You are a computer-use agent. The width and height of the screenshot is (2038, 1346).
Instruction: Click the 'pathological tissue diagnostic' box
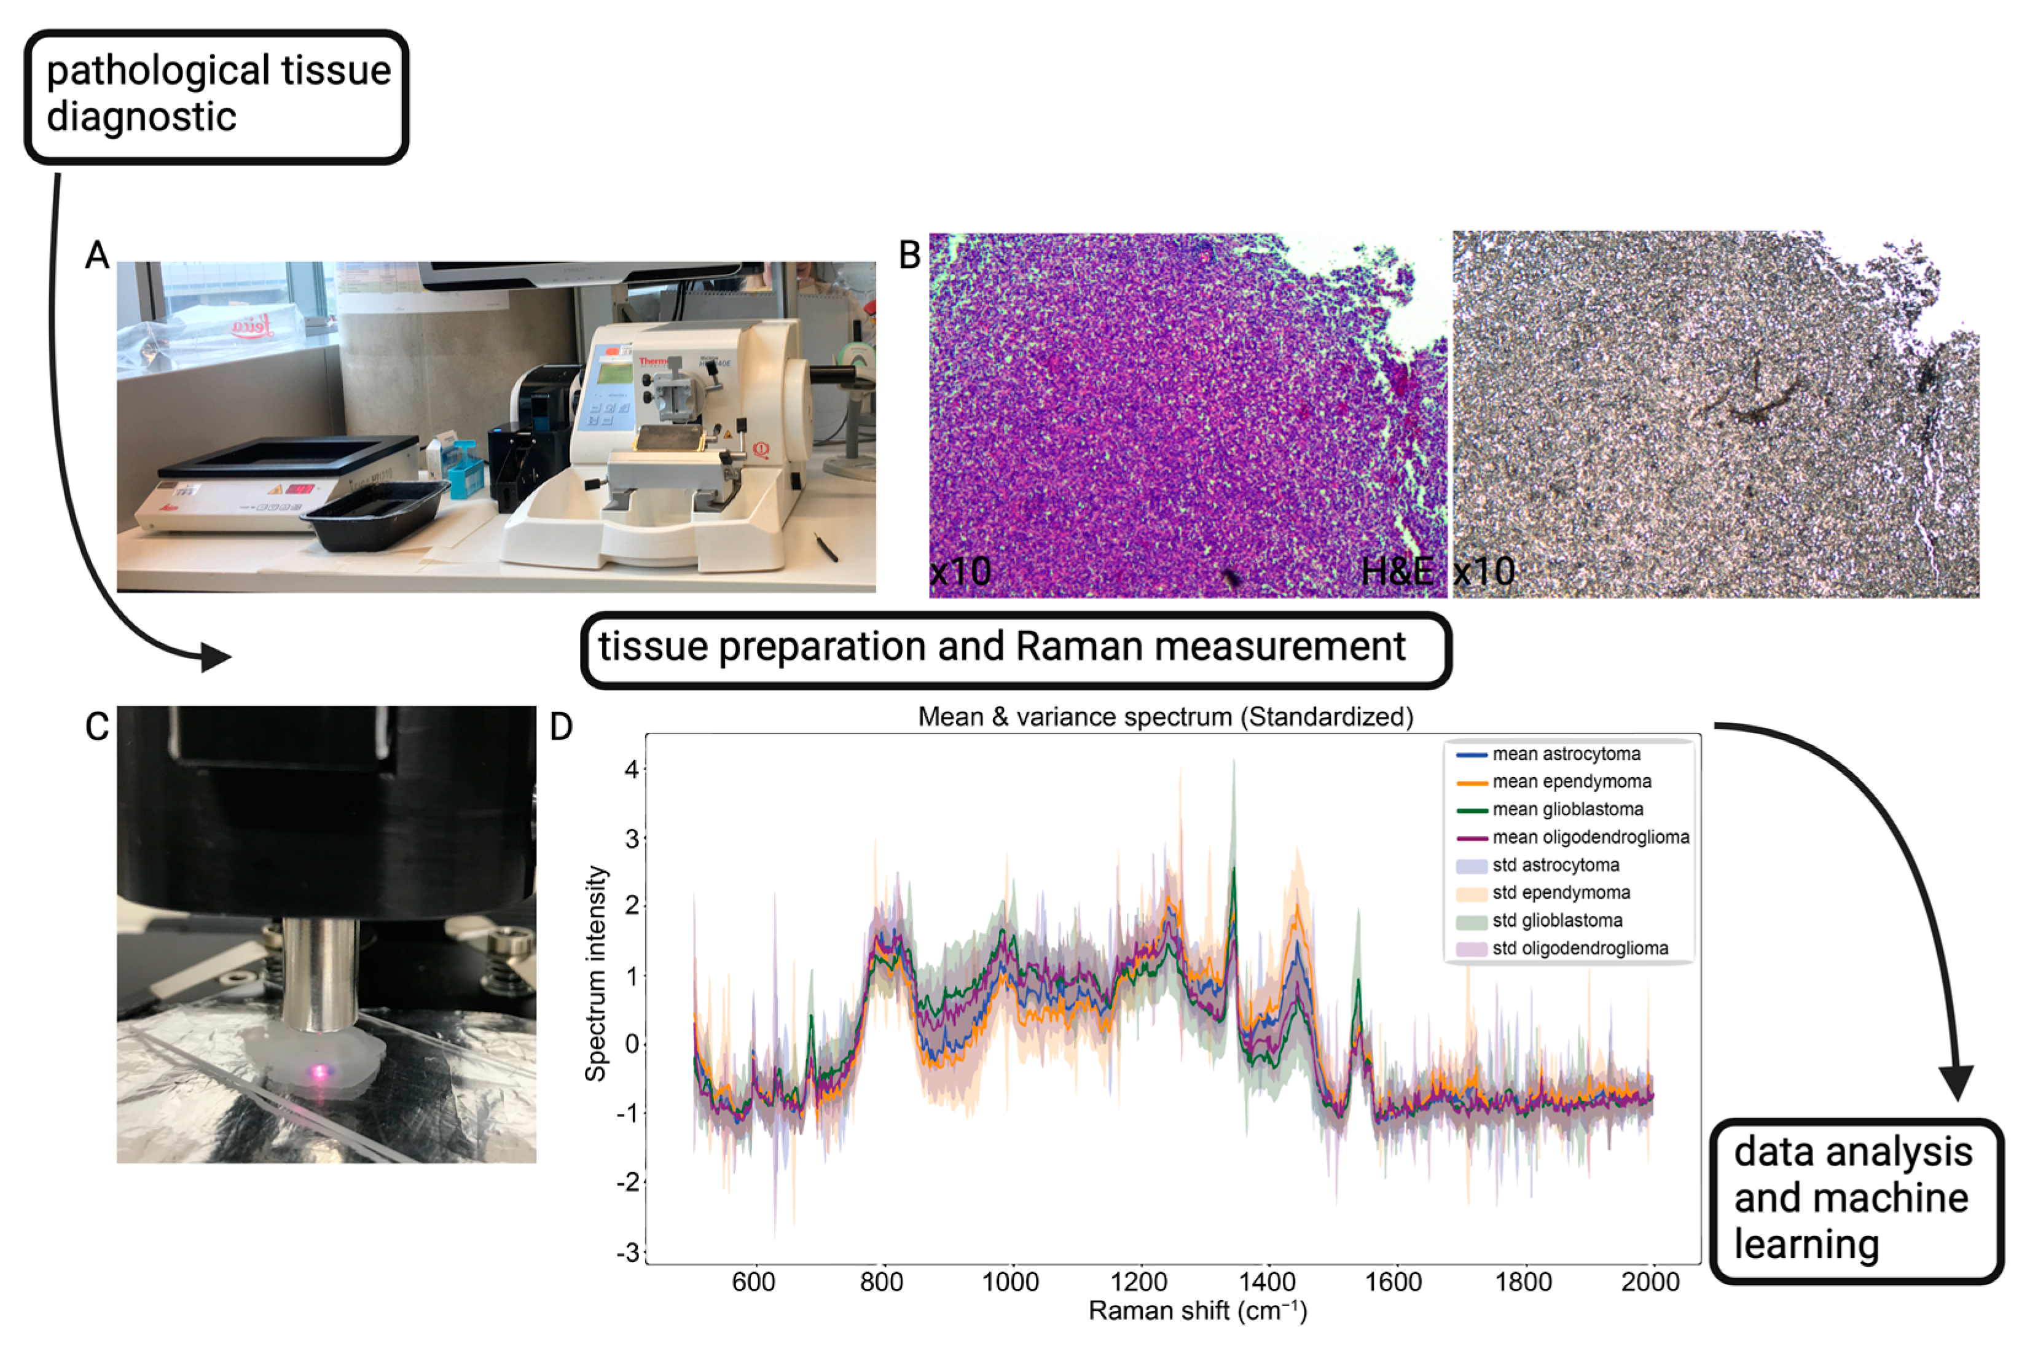(216, 96)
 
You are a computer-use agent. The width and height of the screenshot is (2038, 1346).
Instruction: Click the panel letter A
(97, 256)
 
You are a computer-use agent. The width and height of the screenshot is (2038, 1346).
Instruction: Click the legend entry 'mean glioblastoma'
(1567, 810)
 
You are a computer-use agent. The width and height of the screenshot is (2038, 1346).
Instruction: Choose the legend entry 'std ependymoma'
(1561, 893)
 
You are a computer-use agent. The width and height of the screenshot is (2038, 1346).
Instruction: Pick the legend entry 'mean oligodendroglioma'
(1590, 837)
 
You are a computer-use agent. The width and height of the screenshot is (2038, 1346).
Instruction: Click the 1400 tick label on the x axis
(1266, 1283)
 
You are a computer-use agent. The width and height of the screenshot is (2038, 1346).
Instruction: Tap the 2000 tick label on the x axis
(1650, 1283)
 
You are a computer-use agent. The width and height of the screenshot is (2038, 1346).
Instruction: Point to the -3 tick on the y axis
(629, 1253)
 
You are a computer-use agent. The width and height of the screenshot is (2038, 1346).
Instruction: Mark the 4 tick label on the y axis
(633, 770)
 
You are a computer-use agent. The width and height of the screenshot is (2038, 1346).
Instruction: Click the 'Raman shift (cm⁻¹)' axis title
(1197, 1311)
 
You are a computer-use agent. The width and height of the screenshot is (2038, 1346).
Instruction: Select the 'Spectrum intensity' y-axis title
(596, 974)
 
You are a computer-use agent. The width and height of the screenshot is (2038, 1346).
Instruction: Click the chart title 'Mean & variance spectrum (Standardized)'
(1165, 717)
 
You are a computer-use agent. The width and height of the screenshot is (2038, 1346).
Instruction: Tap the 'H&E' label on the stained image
(1397, 572)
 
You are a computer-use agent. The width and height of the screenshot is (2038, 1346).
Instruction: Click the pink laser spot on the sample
(320, 1070)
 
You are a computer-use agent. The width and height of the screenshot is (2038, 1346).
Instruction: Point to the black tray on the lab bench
(378, 514)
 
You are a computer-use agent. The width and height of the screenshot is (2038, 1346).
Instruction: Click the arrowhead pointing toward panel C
(216, 659)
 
